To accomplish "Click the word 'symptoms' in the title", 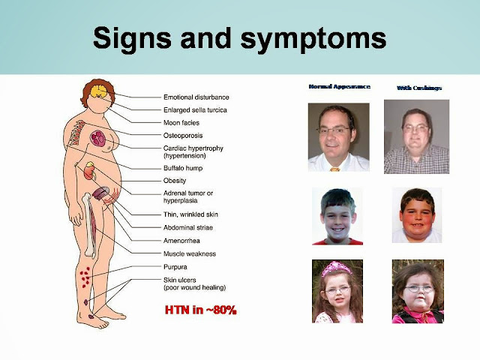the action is click(x=313, y=39).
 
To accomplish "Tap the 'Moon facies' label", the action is click(x=181, y=123).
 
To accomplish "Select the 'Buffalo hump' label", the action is click(x=183, y=168).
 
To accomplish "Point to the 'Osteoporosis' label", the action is click(x=183, y=136).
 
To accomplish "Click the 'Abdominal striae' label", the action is click(x=188, y=227).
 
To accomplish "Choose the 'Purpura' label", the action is click(x=175, y=267).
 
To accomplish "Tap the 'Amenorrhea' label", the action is click(x=181, y=241).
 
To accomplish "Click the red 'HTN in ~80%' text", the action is click(x=201, y=310).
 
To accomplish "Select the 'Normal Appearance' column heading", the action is click(x=340, y=87).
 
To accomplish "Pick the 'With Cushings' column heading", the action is click(x=419, y=88).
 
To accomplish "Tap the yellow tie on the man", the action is click(x=335, y=169).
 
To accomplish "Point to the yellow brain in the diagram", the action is click(x=98, y=91).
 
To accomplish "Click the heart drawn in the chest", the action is click(x=98, y=138).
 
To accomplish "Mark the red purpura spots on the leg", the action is click(x=85, y=277).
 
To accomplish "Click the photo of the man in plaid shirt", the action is click(x=417, y=136).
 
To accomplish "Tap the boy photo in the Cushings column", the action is click(x=417, y=215).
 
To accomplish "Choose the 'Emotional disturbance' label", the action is click(x=196, y=97).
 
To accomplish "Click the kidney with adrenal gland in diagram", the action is click(x=90, y=171).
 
